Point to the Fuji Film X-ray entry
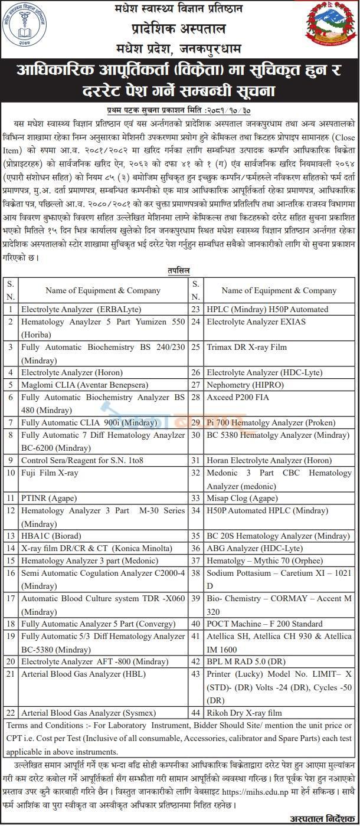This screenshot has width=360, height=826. click(x=50, y=473)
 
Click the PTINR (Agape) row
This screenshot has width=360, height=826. click(x=49, y=498)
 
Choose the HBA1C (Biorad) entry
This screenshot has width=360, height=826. click(x=52, y=536)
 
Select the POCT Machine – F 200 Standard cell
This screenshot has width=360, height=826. click(x=264, y=624)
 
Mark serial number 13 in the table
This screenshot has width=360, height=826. click(x=11, y=536)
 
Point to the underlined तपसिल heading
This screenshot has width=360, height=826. click(x=179, y=269)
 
